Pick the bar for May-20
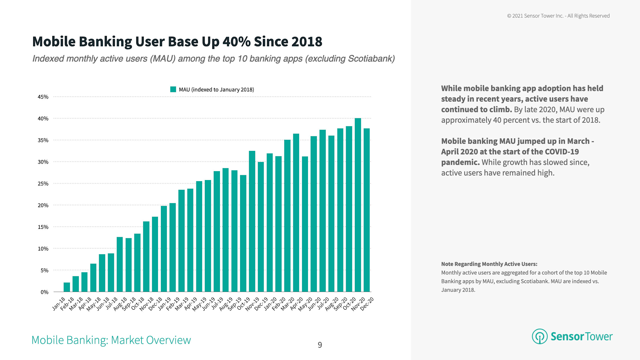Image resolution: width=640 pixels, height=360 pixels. click(305, 224)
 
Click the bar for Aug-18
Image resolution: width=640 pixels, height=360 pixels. click(120, 264)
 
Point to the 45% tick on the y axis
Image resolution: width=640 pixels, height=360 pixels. click(43, 97)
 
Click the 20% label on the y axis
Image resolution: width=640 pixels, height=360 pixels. click(43, 205)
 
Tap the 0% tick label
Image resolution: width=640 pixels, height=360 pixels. click(44, 292)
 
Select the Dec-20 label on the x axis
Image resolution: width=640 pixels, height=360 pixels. click(367, 304)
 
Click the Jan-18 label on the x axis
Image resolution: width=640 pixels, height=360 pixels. click(59, 304)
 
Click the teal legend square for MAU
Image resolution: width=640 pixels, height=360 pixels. click(173, 89)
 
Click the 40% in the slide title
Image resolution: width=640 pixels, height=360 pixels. click(236, 42)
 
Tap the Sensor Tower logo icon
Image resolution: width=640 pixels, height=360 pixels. click(539, 336)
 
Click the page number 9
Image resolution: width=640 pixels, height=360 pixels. click(320, 345)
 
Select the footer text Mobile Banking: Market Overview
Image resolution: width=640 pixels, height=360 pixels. click(111, 340)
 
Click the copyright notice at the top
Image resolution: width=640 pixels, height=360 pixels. click(558, 16)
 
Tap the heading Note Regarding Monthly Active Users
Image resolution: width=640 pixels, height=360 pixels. click(489, 264)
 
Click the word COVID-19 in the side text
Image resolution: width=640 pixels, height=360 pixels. click(562, 152)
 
